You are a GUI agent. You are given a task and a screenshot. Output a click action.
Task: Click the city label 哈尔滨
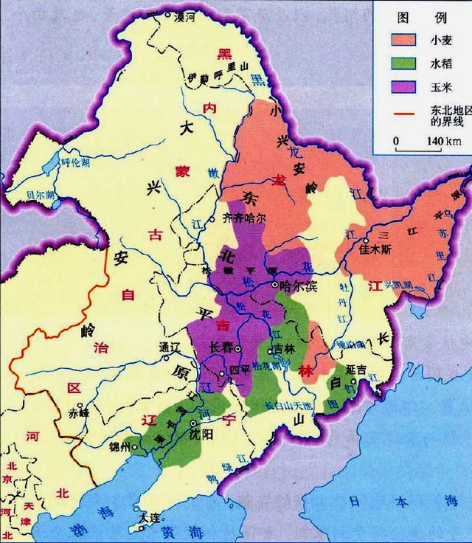pos(298,286)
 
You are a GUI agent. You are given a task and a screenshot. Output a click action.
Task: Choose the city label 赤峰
pos(78,413)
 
